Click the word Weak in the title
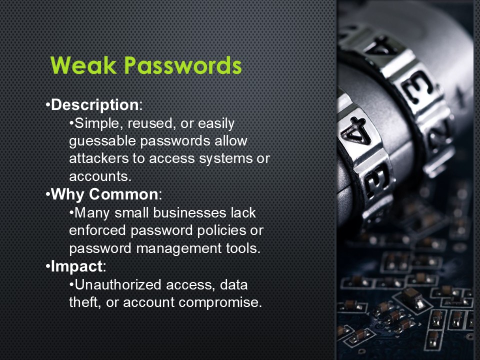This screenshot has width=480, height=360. pos(83,65)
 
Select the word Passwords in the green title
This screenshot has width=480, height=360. pos(183,65)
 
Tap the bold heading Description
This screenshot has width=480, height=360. pos(95,105)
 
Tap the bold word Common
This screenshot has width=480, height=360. pos(123,194)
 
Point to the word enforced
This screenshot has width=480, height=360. pos(97,230)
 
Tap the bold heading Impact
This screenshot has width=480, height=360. pos(76,266)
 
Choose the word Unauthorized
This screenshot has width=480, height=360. pos(118,284)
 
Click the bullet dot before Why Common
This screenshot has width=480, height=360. pos(48,194)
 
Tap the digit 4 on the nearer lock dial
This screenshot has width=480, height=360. pos(355,130)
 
